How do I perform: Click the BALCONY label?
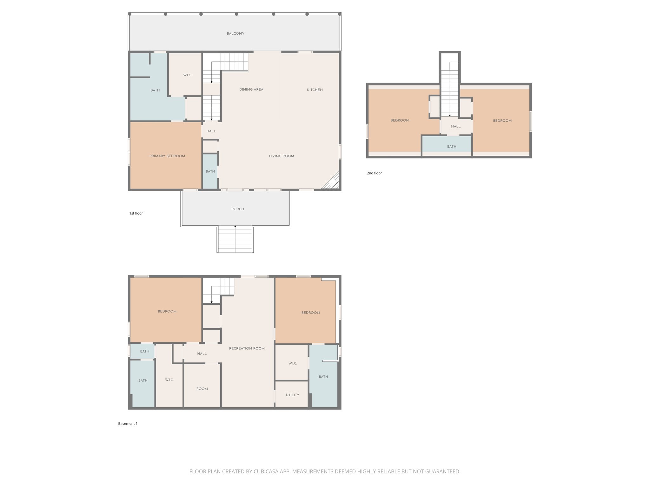pyautogui.click(x=235, y=34)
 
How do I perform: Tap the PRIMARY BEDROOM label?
pyautogui.click(x=167, y=156)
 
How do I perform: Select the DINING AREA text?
pyautogui.click(x=251, y=90)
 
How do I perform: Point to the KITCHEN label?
pyautogui.click(x=315, y=90)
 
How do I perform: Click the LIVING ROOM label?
pyautogui.click(x=281, y=156)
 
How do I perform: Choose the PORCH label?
pyautogui.click(x=237, y=209)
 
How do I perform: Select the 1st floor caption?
pyautogui.click(x=136, y=213)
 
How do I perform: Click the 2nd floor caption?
pyautogui.click(x=374, y=173)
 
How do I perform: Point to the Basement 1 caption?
pyautogui.click(x=128, y=424)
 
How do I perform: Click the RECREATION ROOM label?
pyautogui.click(x=247, y=349)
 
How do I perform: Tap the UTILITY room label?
pyautogui.click(x=292, y=395)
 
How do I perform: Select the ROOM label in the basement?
pyautogui.click(x=202, y=389)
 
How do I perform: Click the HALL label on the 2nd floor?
pyautogui.click(x=455, y=126)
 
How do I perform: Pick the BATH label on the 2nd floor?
pyautogui.click(x=451, y=147)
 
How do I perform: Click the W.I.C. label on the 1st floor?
pyautogui.click(x=187, y=75)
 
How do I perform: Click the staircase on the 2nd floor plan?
pyautogui.click(x=450, y=89)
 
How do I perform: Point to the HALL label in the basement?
pyautogui.click(x=202, y=354)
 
